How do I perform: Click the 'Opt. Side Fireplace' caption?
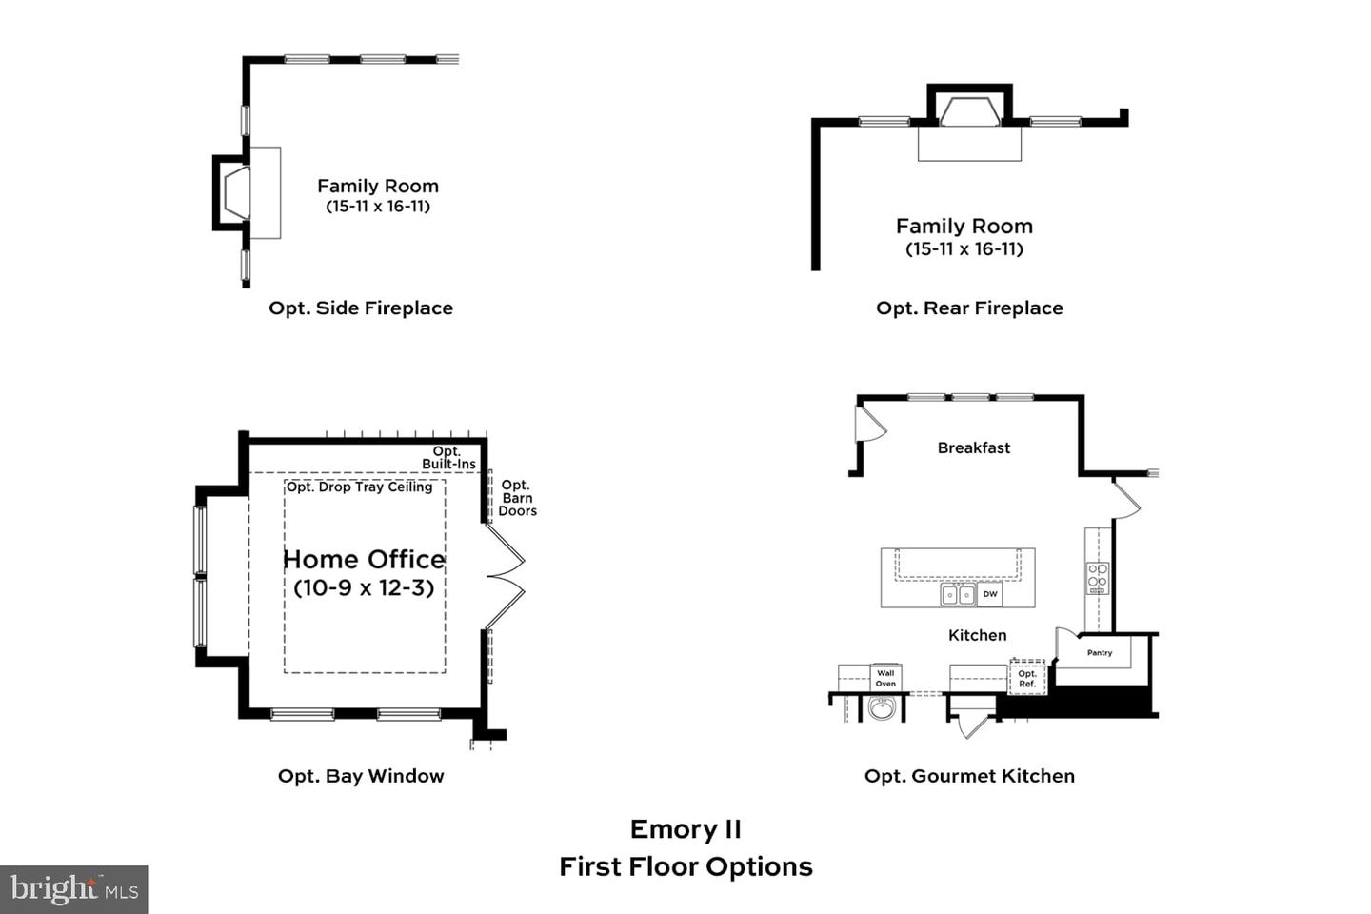tap(360, 308)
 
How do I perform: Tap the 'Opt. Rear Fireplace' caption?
tap(969, 308)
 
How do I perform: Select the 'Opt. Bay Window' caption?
tap(360, 776)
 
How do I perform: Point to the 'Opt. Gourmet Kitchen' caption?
tap(969, 776)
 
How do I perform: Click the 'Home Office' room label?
tap(364, 559)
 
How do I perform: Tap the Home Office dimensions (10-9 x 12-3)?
tap(364, 587)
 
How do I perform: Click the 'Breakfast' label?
tap(973, 447)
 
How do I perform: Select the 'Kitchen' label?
tap(977, 635)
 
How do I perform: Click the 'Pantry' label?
tap(1100, 653)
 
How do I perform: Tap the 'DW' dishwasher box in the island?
tap(990, 594)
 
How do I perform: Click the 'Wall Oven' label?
tap(885, 678)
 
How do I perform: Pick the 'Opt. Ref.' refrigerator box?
tap(1027, 678)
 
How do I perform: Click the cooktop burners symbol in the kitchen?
tap(1098, 578)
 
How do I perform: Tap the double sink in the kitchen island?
tap(958, 595)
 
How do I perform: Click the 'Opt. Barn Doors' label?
tap(517, 498)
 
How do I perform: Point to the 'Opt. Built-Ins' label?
tap(448, 458)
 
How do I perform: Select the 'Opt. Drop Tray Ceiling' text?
tap(360, 487)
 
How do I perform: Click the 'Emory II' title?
tap(685, 829)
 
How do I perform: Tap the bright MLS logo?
tap(74, 889)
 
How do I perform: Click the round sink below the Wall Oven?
tap(883, 709)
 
